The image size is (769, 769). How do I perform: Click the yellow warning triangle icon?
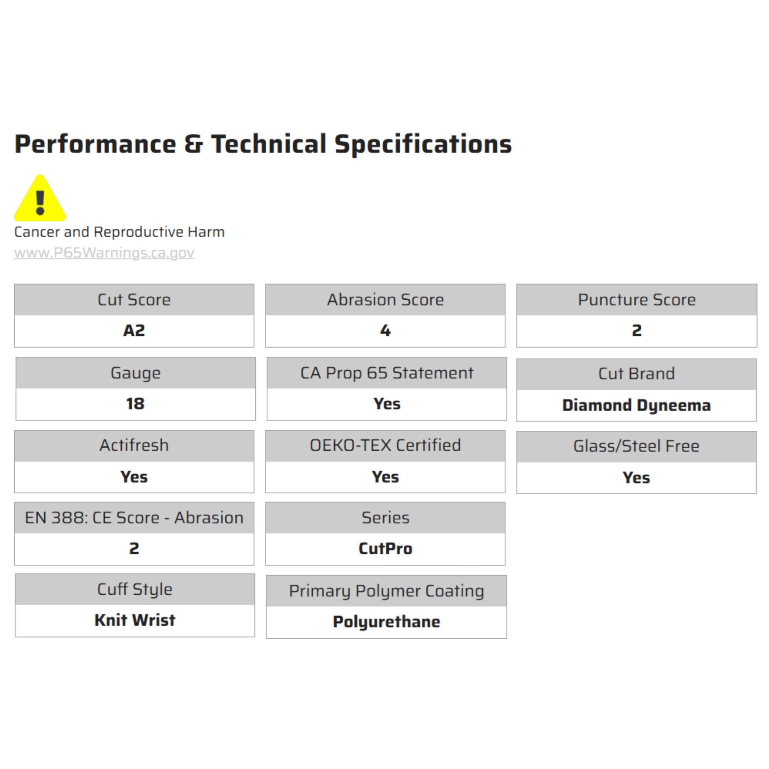(40, 198)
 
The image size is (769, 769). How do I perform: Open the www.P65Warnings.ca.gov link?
(104, 253)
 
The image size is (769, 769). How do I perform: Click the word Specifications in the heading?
(423, 144)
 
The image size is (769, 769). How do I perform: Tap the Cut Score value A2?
(134, 330)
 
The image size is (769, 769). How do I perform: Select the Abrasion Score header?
(385, 300)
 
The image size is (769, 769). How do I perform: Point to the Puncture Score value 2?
(636, 330)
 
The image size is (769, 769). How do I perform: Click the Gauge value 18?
(135, 404)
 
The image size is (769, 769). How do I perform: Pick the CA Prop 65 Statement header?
(387, 373)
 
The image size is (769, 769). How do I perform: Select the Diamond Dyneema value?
(636, 406)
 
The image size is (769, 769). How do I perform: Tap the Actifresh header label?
(134, 445)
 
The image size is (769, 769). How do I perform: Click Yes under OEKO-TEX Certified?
(385, 477)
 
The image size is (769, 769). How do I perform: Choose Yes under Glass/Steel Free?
(636, 478)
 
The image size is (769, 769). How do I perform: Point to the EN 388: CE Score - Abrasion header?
(134, 518)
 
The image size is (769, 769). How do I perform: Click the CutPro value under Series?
(385, 549)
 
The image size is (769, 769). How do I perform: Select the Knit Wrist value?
(135, 620)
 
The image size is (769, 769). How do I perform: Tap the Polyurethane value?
(386, 622)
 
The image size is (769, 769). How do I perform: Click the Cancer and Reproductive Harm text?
(119, 232)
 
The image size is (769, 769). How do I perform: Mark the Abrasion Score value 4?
(385, 330)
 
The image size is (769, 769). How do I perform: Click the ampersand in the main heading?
(193, 144)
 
